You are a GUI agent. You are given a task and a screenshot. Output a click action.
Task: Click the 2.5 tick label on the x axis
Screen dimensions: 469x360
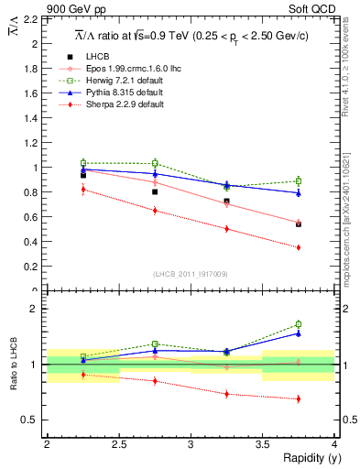coord(118,442)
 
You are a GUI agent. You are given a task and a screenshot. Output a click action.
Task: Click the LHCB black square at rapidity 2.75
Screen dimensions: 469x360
coord(155,191)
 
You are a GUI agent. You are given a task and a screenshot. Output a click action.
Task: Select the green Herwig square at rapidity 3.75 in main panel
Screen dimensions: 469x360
coord(299,180)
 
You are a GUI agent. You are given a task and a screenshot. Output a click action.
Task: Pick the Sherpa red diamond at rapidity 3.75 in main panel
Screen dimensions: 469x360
coord(299,247)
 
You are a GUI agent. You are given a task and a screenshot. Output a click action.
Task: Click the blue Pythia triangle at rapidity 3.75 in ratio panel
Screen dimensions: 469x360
coord(299,333)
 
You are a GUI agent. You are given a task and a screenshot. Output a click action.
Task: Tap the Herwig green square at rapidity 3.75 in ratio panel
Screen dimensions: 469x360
coord(299,324)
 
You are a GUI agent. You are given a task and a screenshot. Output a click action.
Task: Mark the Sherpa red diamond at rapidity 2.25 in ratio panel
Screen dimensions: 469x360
coord(83,375)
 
